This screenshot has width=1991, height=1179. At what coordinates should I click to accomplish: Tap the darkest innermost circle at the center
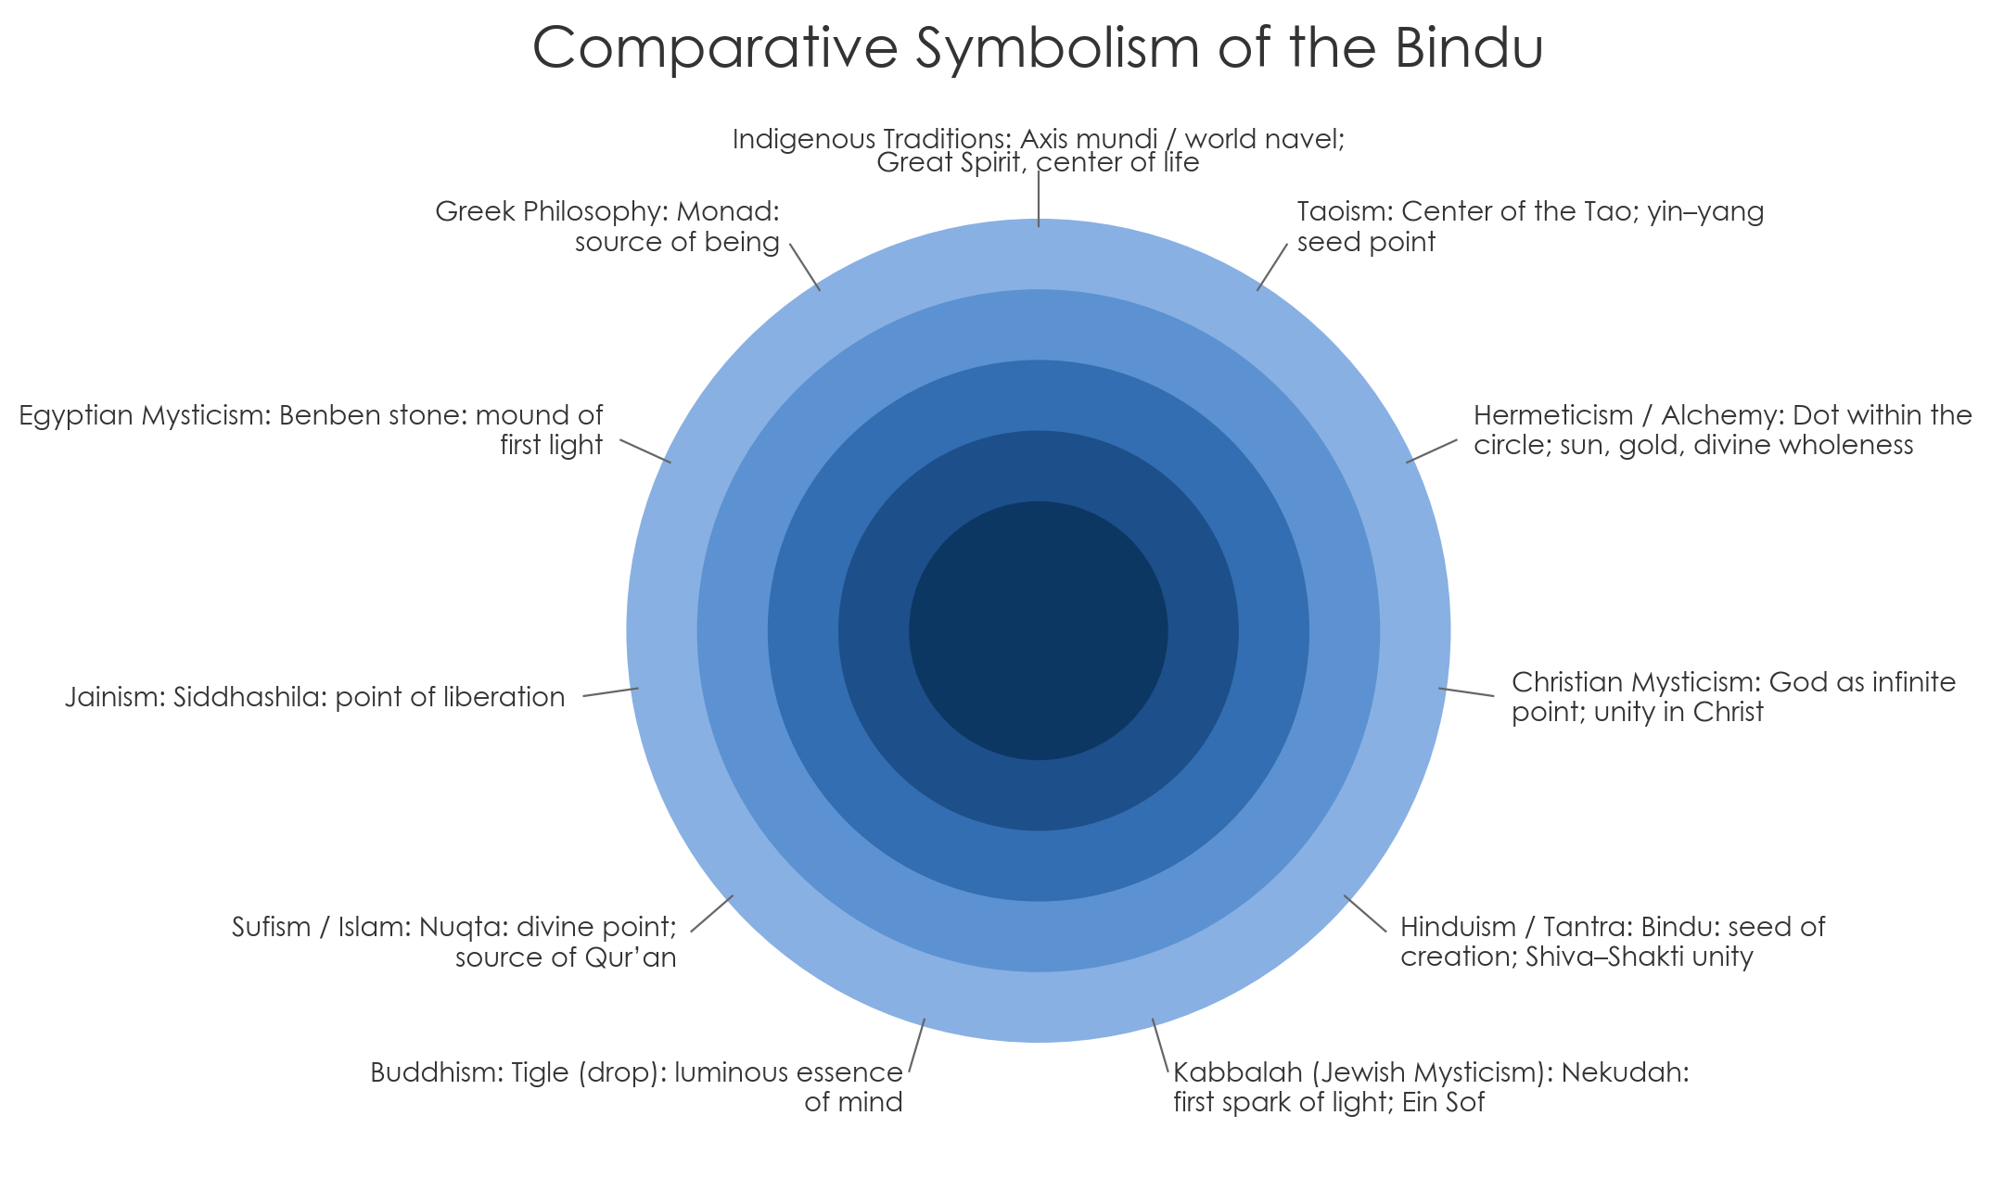click(x=1038, y=630)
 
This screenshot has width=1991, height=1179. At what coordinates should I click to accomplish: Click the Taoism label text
click(x=1529, y=226)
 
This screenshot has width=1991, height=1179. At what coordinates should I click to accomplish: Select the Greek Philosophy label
click(x=607, y=226)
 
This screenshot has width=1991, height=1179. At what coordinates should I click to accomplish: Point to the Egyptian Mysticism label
click(x=312, y=429)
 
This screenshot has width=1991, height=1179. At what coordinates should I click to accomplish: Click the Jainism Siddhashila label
click(x=315, y=697)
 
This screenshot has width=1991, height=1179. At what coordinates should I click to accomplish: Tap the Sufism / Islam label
click(x=454, y=941)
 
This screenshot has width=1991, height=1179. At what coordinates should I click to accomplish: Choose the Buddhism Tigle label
click(x=636, y=1086)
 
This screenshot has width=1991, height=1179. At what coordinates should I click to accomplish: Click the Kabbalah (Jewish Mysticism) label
click(x=1430, y=1086)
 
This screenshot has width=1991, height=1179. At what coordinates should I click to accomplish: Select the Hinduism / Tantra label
click(x=1612, y=941)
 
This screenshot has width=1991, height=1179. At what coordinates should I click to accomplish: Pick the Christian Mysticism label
click(x=1732, y=696)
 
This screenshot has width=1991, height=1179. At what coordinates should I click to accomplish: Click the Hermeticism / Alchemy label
click(x=1721, y=429)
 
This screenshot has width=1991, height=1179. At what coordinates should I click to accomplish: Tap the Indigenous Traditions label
click(x=1038, y=150)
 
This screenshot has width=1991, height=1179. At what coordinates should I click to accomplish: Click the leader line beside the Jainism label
click(x=610, y=692)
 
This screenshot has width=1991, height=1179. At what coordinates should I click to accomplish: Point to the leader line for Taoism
click(x=1272, y=267)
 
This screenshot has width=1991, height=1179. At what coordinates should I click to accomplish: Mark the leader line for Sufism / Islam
click(x=712, y=913)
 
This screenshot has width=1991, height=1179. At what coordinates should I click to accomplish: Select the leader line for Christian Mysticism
click(x=1466, y=691)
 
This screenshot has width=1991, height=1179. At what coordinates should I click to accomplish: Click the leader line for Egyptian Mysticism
click(x=645, y=450)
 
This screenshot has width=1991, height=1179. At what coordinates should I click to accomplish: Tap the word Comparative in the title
click(x=715, y=48)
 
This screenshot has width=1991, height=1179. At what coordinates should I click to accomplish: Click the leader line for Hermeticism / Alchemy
click(x=1432, y=450)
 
